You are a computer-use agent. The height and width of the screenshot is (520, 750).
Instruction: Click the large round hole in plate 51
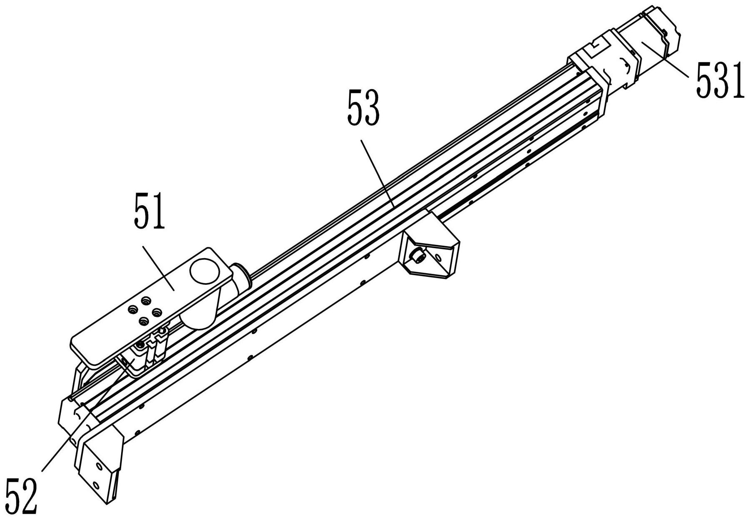point(205,271)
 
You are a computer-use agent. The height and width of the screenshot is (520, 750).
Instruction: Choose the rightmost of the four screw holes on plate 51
point(157,311)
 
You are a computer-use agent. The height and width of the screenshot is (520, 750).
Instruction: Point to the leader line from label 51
point(158,266)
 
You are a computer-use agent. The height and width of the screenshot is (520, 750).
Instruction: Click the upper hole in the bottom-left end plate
point(98,465)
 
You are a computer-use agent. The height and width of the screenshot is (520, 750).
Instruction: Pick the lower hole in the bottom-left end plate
point(96,485)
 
